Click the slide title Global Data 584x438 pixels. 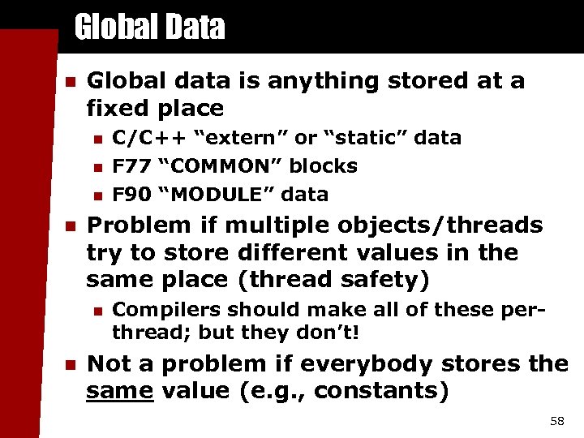[x=149, y=28]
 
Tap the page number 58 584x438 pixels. [x=556, y=421]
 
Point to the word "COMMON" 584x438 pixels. [x=220, y=166]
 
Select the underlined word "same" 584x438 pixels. [x=120, y=391]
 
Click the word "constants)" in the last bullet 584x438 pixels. [x=381, y=391]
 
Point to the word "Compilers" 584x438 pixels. [x=166, y=310]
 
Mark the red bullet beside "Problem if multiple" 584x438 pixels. [x=70, y=225]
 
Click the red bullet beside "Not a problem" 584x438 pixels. [x=70, y=364]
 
